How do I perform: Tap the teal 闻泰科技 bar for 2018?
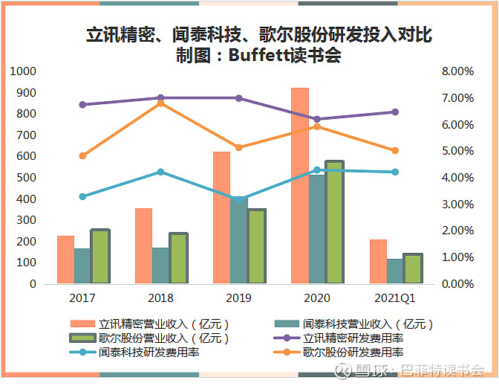click(161, 266)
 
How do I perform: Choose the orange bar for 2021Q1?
click(378, 261)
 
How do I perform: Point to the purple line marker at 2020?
click(317, 119)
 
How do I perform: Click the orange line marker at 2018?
click(161, 103)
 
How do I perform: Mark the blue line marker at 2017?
click(82, 196)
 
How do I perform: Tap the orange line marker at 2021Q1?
click(395, 150)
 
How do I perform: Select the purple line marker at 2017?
click(82, 105)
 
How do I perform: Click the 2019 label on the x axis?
click(238, 297)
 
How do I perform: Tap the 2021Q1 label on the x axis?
click(395, 297)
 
